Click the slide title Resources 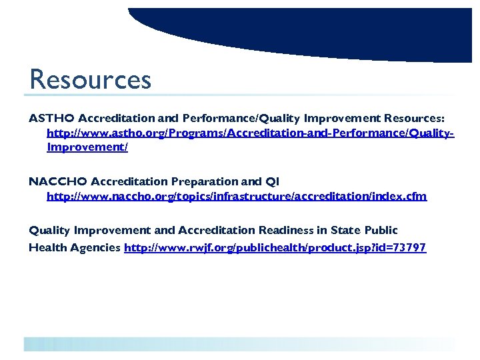(90, 80)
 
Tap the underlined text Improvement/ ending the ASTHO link (87, 147)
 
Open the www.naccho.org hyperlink (236, 196)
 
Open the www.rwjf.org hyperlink (275, 247)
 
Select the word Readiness (285, 230)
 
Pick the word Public (381, 230)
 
